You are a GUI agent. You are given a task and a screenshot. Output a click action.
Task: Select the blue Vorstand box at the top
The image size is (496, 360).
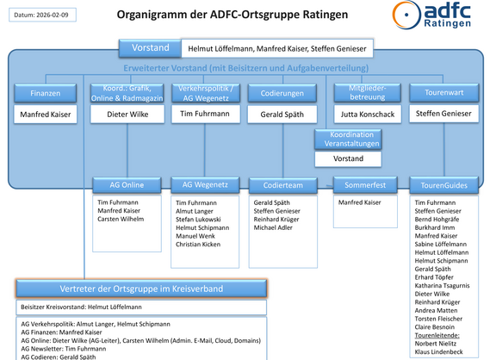[150, 48]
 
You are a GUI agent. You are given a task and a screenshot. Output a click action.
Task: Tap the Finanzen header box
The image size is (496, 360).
[46, 92]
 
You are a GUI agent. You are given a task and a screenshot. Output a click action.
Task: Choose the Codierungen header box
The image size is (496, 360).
[282, 92]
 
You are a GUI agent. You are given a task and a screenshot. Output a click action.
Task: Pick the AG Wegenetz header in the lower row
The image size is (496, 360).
[199, 184]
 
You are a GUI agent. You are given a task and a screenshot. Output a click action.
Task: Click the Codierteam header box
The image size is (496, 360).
[281, 184]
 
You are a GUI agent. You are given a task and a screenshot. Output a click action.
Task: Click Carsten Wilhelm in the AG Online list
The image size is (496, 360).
[121, 220]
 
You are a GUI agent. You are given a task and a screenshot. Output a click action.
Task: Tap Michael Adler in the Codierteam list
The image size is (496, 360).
[274, 229]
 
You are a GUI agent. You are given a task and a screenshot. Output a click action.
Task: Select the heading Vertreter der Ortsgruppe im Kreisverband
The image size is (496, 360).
[140, 289]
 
